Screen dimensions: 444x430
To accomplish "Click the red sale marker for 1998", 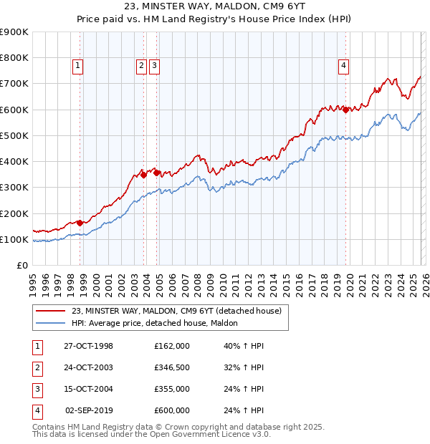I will point(80,223).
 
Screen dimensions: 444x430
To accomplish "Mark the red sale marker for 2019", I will point(346,110).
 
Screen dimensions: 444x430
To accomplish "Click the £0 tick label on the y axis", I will point(21,265).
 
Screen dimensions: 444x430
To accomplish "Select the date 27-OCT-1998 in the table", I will point(88,346).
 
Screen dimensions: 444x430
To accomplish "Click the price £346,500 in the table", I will point(171,367).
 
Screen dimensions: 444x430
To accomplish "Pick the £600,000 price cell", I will point(171,410).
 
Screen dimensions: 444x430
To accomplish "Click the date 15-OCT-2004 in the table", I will point(88,389).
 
